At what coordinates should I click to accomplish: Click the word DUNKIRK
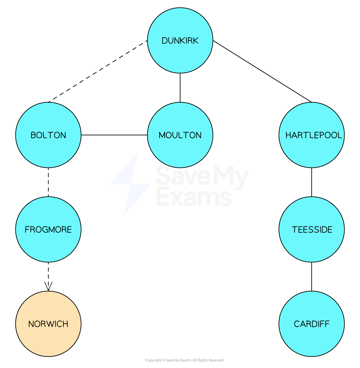click(180, 41)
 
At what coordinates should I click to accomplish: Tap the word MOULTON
click(180, 135)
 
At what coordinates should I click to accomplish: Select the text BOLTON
click(48, 135)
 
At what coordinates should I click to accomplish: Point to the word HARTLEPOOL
click(314, 135)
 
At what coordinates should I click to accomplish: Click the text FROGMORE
click(48, 230)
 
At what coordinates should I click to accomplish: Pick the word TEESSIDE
click(312, 230)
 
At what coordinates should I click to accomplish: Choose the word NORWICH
click(48, 324)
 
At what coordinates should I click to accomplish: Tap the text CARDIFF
click(312, 324)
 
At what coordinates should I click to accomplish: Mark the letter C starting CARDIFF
click(297, 324)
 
